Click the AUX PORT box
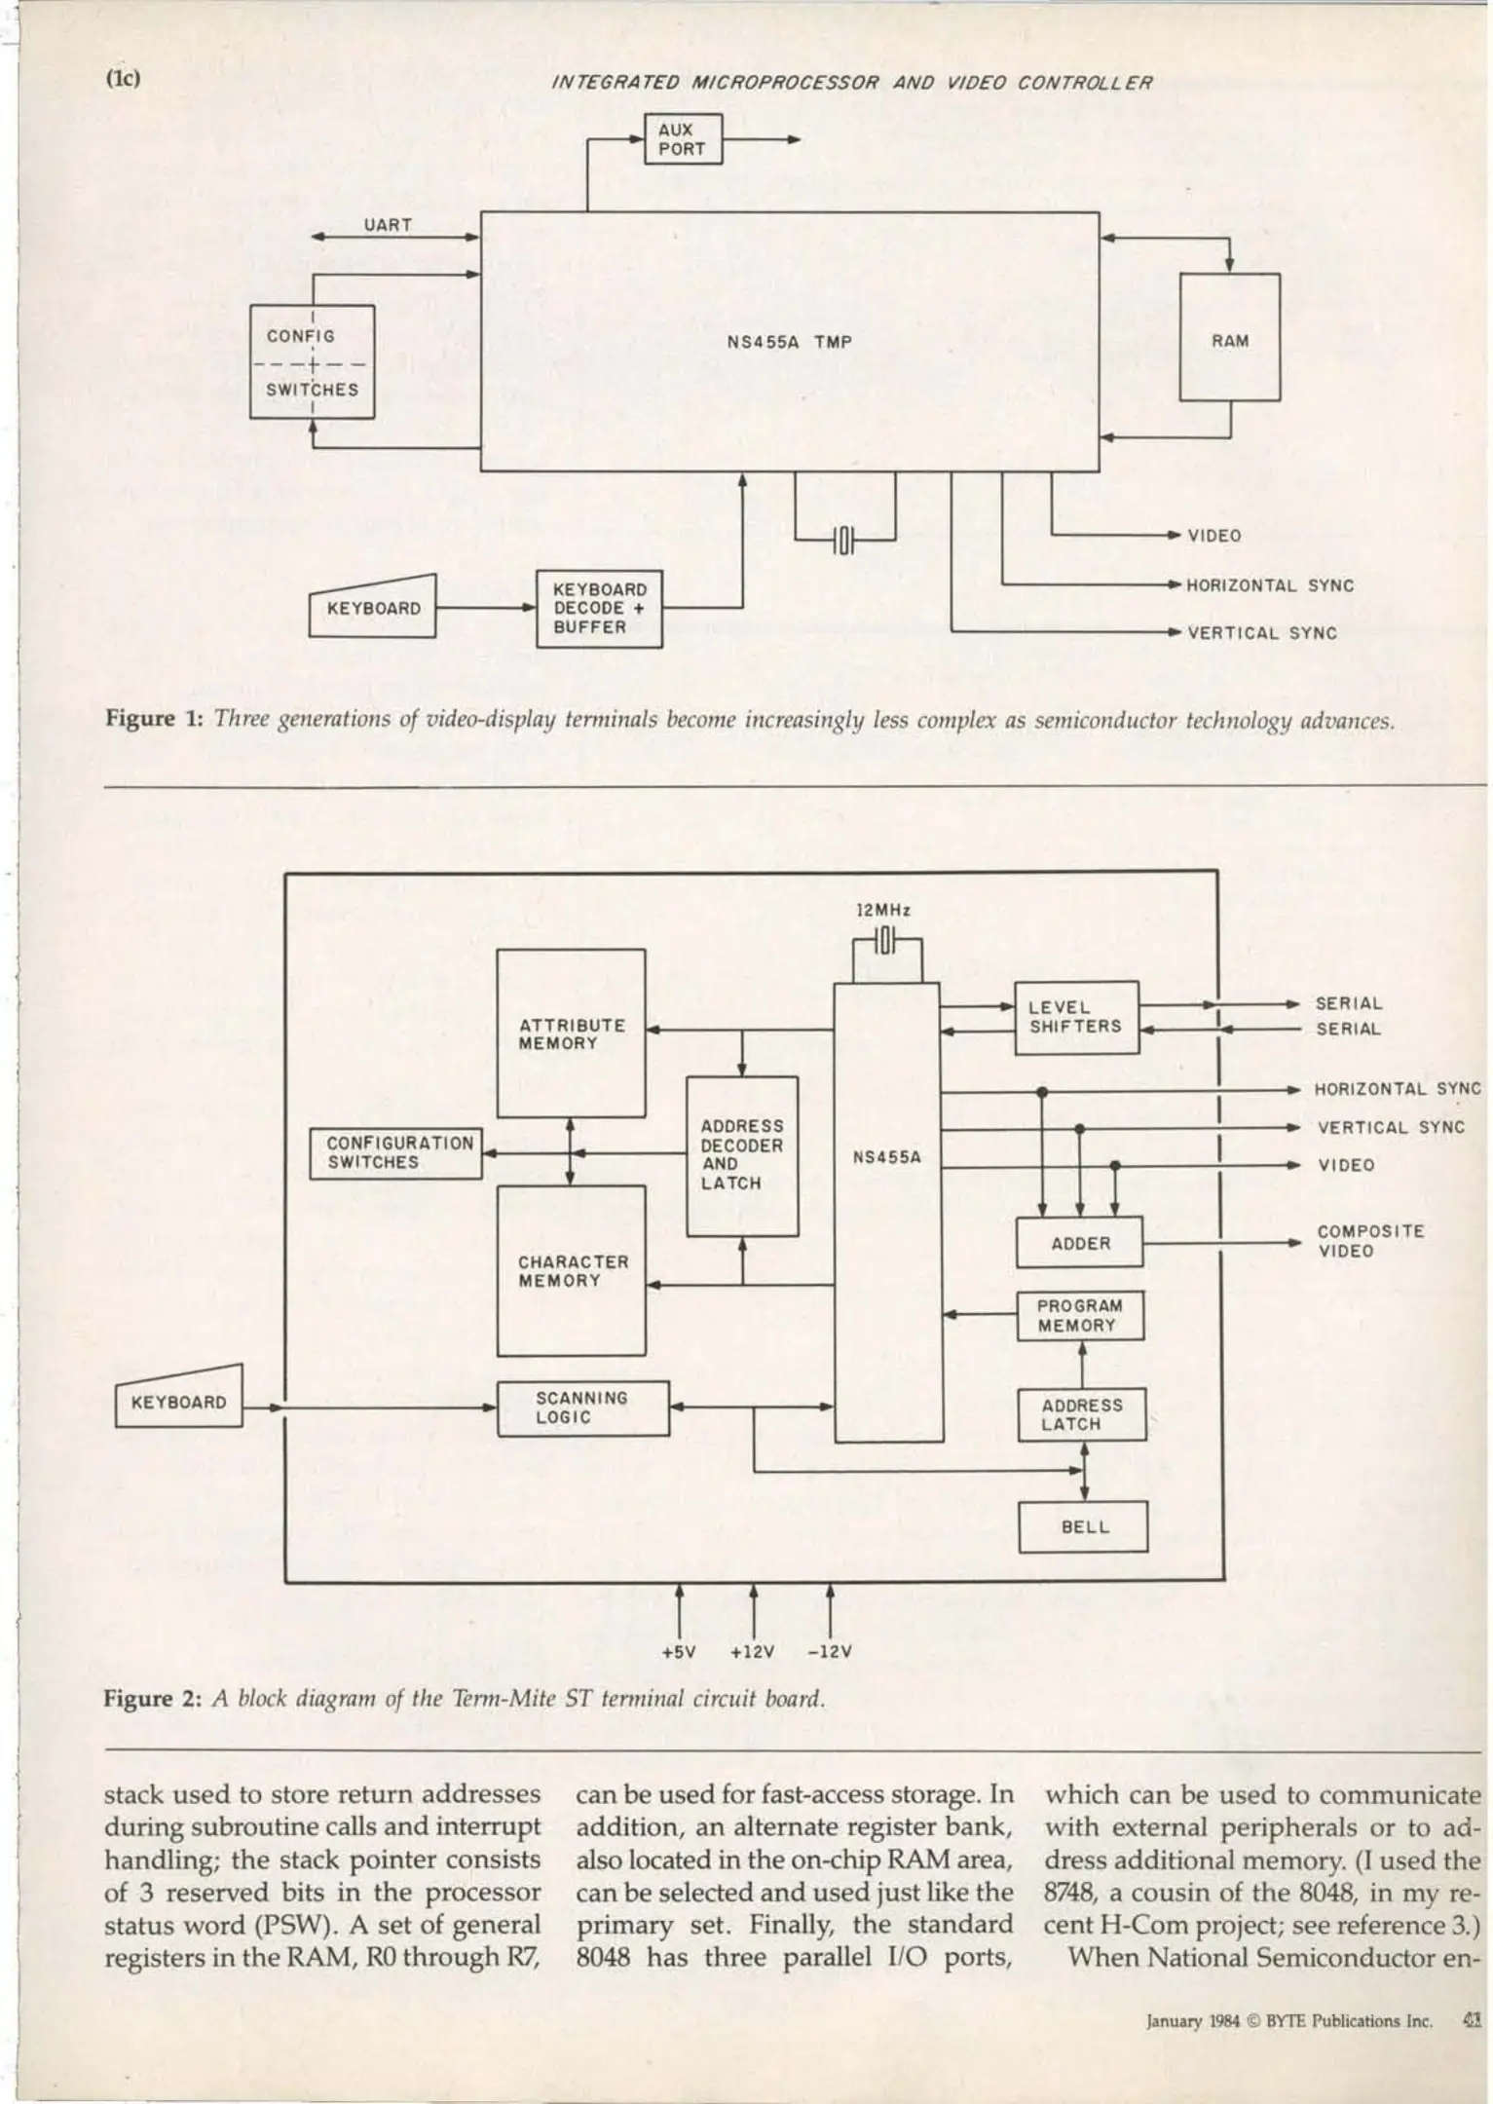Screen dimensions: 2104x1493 point(683,139)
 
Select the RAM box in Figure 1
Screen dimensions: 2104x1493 point(1229,338)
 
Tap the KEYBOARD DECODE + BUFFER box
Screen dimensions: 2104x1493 point(599,609)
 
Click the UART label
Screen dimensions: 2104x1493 point(388,225)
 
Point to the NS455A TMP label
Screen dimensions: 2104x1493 point(789,342)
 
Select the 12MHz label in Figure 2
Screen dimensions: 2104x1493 point(882,910)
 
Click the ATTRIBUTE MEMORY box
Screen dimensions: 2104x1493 point(571,1033)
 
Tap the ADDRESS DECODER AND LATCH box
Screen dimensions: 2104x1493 point(742,1155)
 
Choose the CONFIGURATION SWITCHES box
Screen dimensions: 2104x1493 point(396,1152)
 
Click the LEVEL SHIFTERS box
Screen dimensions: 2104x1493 point(1076,1017)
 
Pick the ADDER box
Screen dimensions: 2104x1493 point(1079,1243)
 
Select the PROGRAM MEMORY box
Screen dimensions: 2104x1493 point(1079,1315)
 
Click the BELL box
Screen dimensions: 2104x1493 point(1083,1526)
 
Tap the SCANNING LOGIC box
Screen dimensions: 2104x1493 point(582,1408)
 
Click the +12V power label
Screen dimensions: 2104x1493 point(752,1652)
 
